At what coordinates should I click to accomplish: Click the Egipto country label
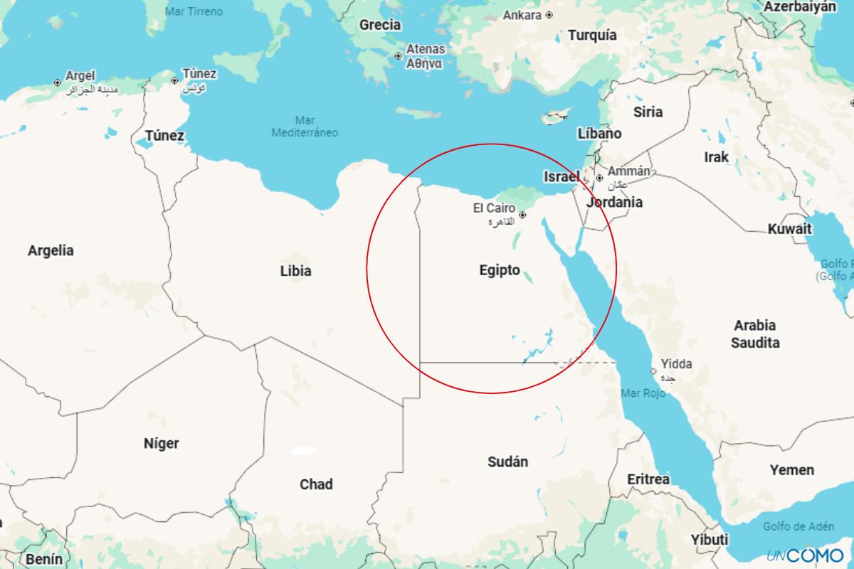[500, 271]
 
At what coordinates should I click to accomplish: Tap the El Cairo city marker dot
[522, 215]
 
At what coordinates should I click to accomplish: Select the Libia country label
[295, 271]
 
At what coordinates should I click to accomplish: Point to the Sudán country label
[507, 462]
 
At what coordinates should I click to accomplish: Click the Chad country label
[316, 484]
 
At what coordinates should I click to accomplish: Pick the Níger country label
[162, 444]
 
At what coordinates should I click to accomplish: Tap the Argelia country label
[51, 250]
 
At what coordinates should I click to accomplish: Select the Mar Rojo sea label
[643, 393]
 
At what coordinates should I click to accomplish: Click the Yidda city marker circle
[653, 371]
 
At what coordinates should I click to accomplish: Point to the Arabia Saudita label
[756, 334]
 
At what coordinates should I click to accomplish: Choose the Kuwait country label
[789, 229]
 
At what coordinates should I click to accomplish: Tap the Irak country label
[716, 156]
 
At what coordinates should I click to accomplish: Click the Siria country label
[648, 112]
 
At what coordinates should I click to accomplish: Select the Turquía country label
[592, 36]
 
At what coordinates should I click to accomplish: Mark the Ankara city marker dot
[549, 15]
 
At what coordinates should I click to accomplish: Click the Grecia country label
[379, 25]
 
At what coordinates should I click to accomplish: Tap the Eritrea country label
[648, 479]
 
